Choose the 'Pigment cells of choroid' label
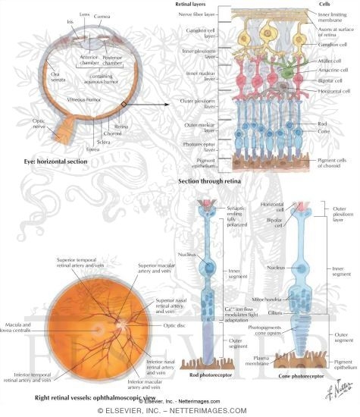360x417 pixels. (334, 163)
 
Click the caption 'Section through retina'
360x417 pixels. (211, 183)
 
